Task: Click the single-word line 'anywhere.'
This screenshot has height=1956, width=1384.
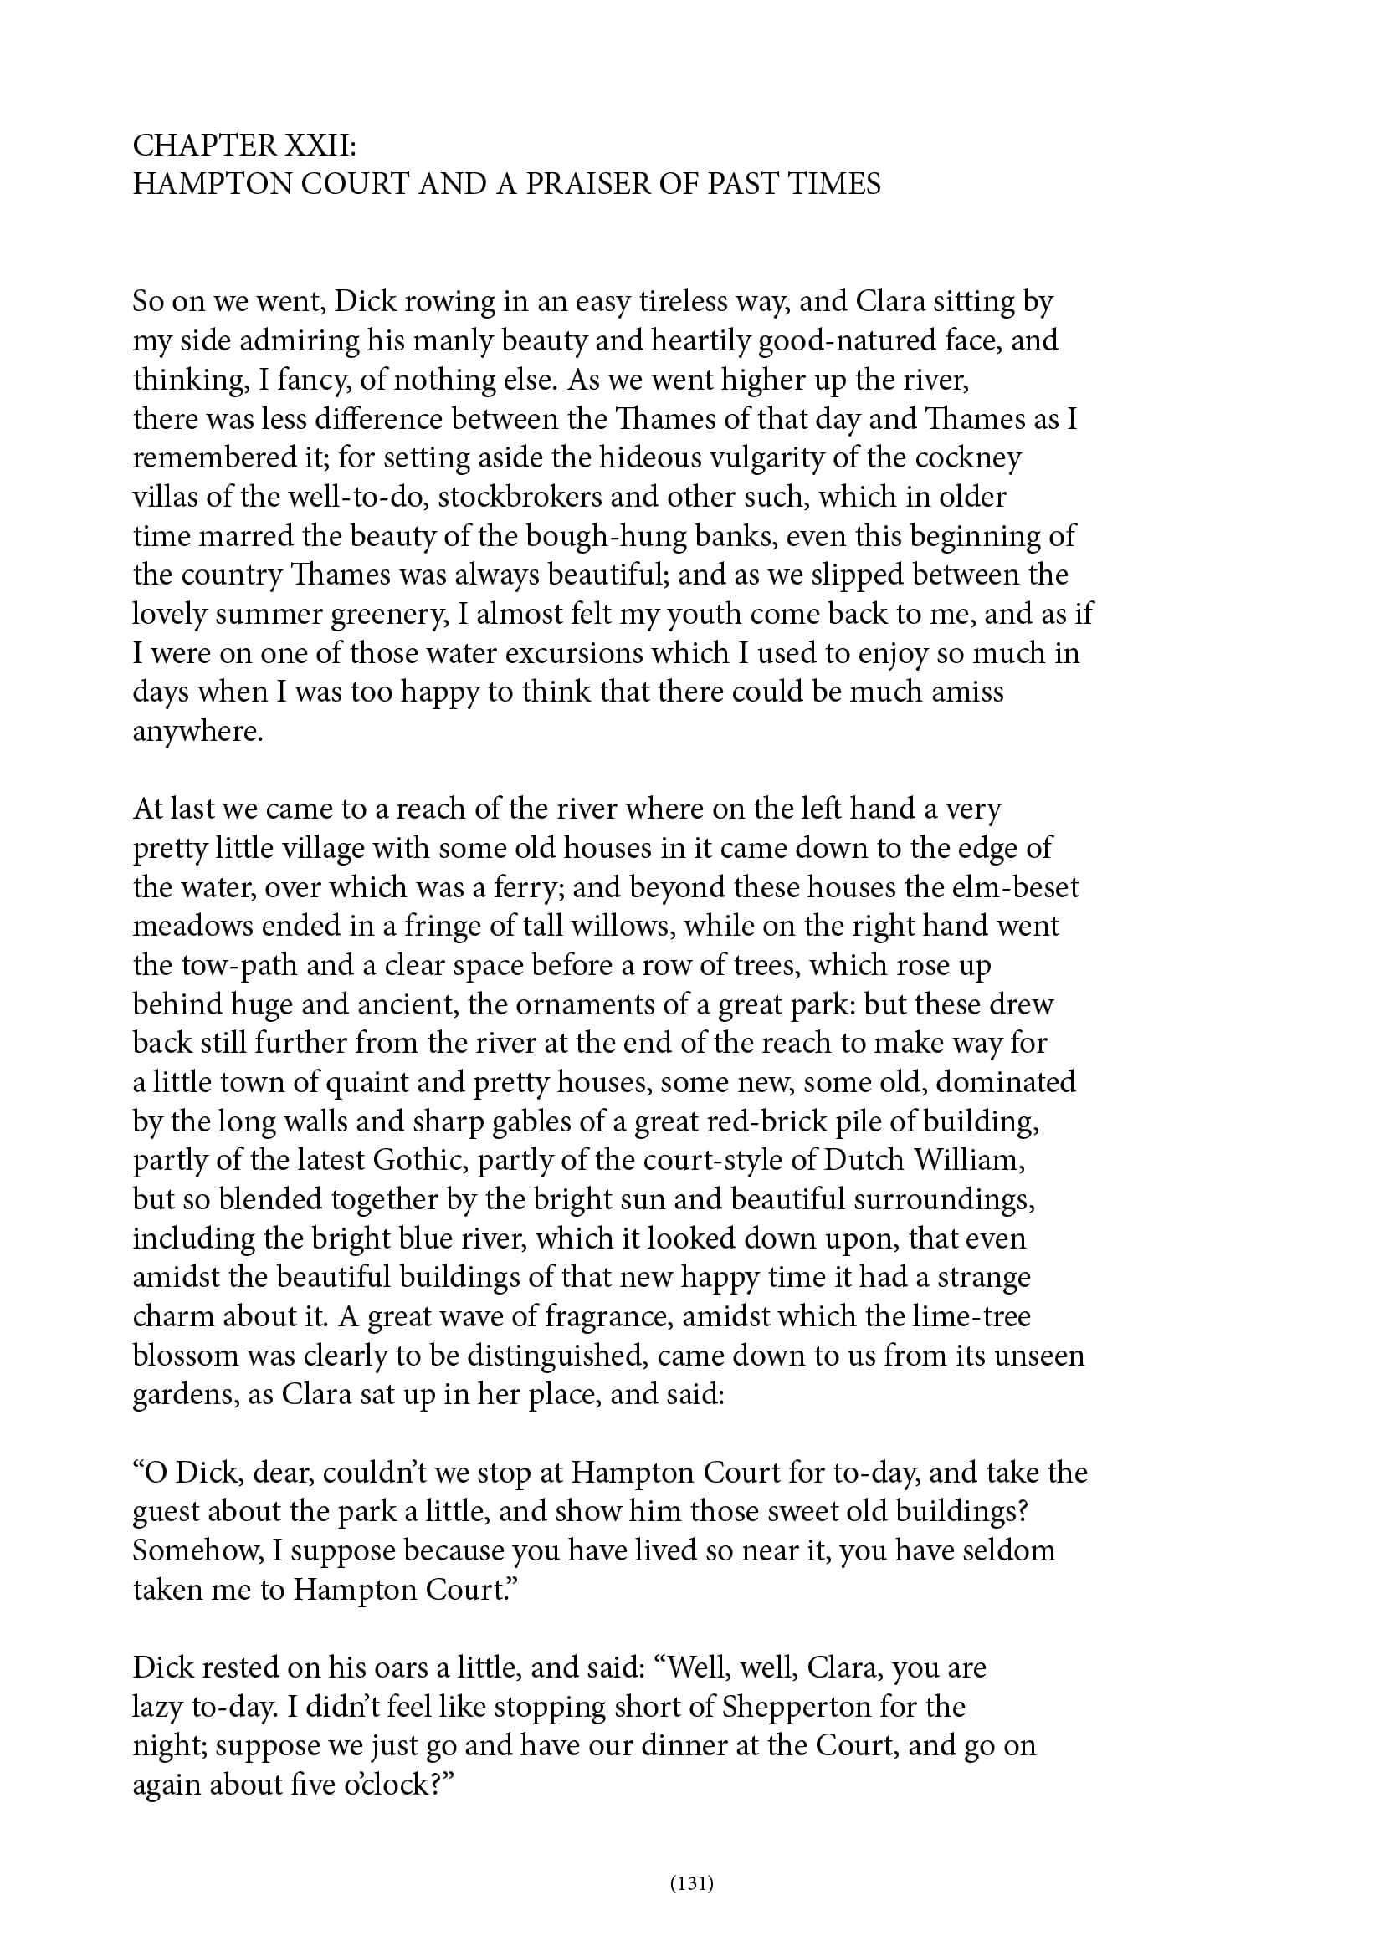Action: click(197, 731)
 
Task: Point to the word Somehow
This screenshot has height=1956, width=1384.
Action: click(197, 1550)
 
